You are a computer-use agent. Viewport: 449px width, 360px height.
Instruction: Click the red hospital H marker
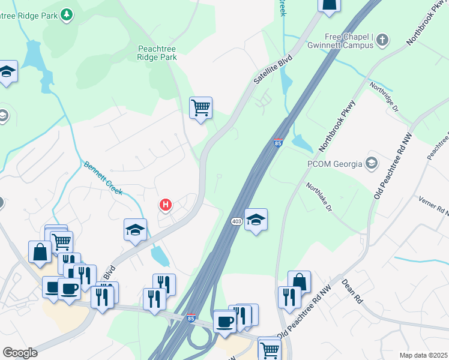[166, 205]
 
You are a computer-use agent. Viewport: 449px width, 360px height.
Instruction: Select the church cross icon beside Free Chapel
[382, 40]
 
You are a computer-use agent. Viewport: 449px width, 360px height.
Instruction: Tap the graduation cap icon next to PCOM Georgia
[372, 163]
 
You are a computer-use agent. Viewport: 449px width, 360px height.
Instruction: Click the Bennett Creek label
[103, 178]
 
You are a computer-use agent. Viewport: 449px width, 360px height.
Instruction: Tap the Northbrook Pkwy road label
[337, 125]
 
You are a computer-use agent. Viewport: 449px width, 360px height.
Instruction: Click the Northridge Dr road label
[384, 97]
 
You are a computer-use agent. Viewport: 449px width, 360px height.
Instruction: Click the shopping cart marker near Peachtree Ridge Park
[201, 108]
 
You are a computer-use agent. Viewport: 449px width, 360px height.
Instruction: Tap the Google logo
[20, 353]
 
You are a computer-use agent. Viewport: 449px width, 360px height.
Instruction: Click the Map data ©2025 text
[423, 355]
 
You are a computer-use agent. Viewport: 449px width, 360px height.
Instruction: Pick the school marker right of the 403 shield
[256, 220]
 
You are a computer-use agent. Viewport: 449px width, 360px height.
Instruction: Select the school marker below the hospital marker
[135, 230]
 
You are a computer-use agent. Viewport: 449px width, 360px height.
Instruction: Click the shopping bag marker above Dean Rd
[299, 281]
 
